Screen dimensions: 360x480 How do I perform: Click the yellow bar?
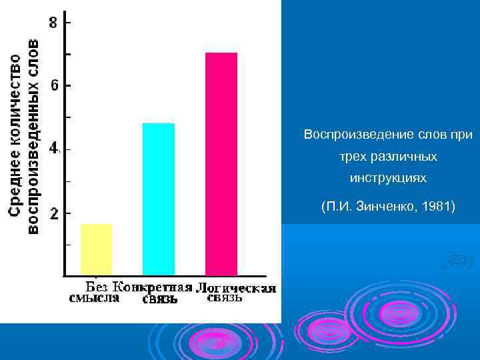click(97, 249)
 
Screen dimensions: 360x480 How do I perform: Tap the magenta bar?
click(221, 163)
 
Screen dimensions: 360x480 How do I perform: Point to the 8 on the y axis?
click(53, 22)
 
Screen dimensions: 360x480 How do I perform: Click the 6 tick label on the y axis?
click(54, 85)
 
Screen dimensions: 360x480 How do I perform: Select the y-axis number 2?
click(54, 214)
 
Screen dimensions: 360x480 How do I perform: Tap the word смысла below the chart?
click(95, 298)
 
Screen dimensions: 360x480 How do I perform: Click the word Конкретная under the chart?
click(152, 287)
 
